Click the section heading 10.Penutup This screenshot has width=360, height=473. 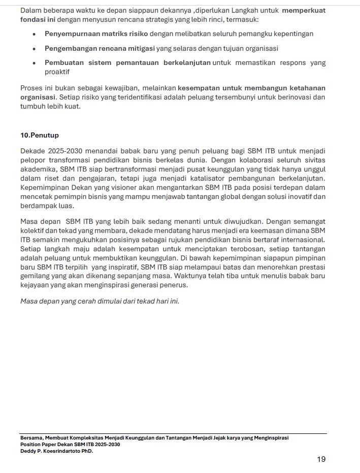40,136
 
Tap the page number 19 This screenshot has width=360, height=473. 321,459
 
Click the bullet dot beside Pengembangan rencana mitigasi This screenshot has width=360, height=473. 34,49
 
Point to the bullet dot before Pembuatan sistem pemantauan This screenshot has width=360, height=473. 34,63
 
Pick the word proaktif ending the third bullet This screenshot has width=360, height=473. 57,72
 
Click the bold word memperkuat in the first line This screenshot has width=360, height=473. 304,11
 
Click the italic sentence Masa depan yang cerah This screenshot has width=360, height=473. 100,301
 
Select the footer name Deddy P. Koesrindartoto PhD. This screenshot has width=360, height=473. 56,451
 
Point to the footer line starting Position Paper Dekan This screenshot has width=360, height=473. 70,445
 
